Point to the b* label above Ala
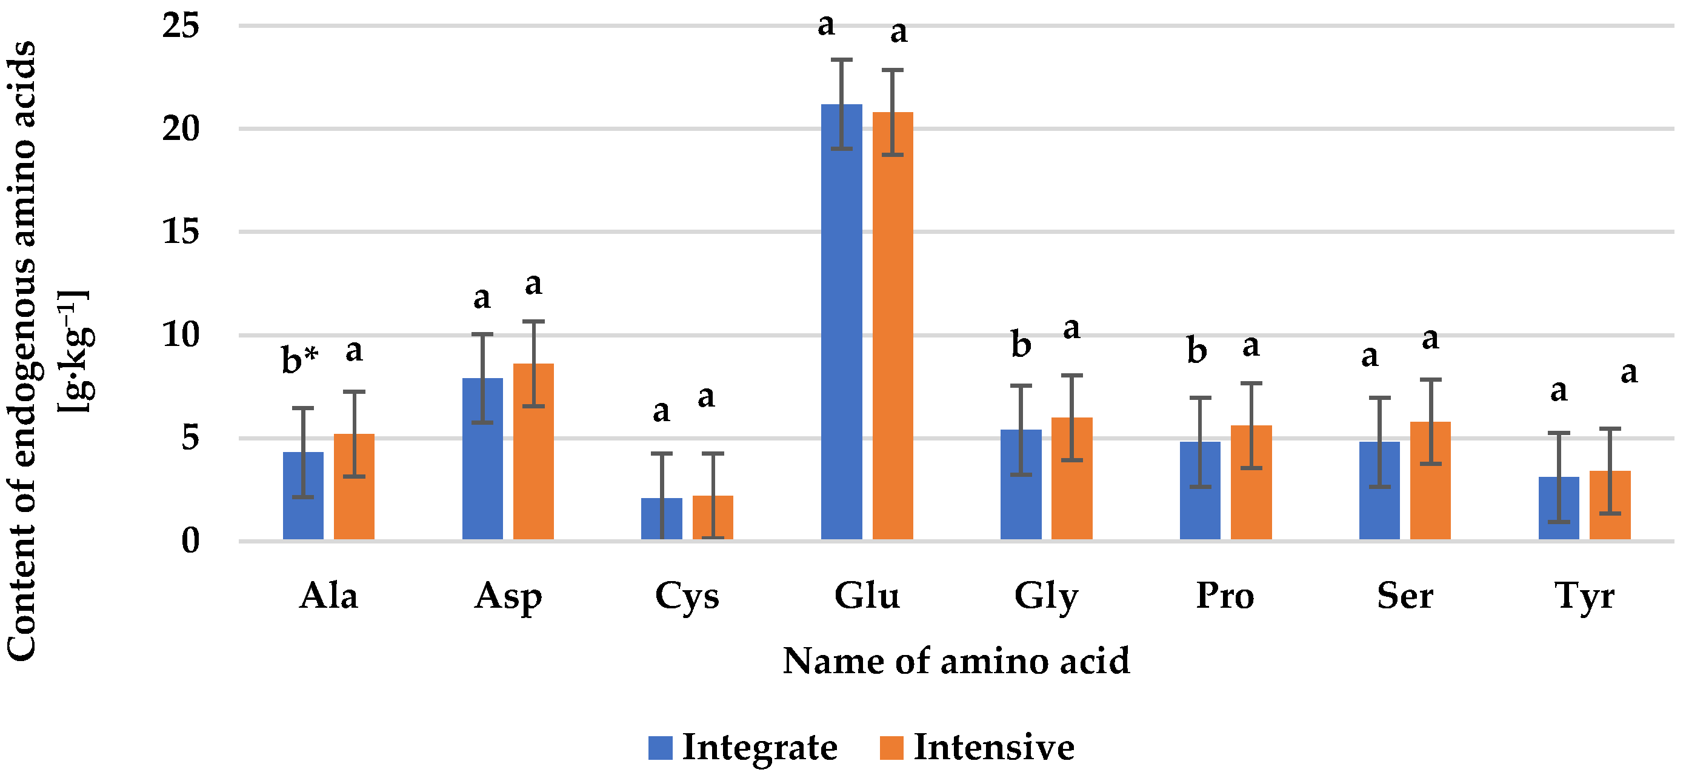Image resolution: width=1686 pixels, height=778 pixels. [300, 360]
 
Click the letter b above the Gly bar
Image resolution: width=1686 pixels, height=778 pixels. [1021, 344]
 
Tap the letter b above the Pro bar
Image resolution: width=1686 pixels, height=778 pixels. [1196, 351]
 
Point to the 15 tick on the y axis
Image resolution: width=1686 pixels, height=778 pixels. [181, 231]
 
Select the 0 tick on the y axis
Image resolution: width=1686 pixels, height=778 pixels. [190, 540]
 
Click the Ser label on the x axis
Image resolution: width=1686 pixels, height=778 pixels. [1405, 596]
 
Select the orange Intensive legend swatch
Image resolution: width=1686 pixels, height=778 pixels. [891, 747]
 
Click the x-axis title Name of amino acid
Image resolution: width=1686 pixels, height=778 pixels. [956, 660]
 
